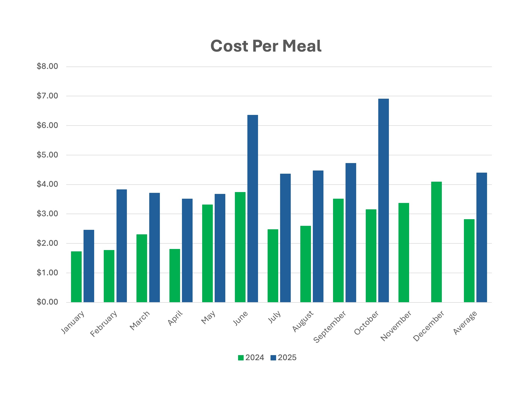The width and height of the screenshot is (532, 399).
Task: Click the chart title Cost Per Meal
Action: coord(266,46)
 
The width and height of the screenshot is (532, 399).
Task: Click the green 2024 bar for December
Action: coord(436,242)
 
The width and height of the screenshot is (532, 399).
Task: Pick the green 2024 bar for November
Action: coord(404,252)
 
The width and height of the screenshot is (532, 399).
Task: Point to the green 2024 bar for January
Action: coord(76,277)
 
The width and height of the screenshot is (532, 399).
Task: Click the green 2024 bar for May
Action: coord(207,253)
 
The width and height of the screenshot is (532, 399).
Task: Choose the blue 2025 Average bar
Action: coord(481,237)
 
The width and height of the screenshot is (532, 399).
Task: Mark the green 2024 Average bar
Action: coord(469,260)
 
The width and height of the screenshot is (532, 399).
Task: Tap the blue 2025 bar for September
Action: coord(351,232)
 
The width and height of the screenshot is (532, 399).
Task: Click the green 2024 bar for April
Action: coord(174,275)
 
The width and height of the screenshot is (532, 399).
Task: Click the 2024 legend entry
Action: coord(251,358)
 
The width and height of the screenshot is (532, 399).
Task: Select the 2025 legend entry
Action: coord(284,358)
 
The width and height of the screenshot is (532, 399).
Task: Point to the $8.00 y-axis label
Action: coord(47,66)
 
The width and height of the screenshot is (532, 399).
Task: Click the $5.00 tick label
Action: coord(47,155)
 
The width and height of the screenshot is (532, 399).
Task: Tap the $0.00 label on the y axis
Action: coord(47,302)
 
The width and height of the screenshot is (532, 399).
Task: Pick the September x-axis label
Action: coord(330,327)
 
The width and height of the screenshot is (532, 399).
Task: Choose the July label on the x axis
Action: coord(274,317)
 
